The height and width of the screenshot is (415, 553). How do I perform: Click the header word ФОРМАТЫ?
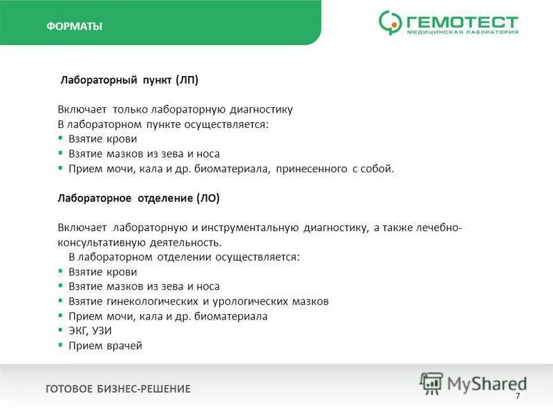coord(74,27)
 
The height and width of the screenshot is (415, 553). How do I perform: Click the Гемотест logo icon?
coord(390,23)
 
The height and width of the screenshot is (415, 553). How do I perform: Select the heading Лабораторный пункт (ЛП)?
coord(129,80)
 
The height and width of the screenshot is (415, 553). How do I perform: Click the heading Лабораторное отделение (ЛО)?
coord(138,198)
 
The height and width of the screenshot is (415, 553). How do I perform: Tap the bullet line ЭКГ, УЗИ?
coord(90,331)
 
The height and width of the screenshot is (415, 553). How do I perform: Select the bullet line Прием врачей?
coord(105,345)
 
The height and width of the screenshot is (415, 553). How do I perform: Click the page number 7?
coord(517,395)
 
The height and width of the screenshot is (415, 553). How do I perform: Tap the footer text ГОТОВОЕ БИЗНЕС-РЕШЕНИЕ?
coord(118,389)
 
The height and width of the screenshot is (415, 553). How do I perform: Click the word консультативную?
coord(100,242)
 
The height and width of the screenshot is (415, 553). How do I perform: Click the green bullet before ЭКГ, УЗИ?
coord(60,330)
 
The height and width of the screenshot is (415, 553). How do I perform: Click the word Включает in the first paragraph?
coord(82,109)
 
